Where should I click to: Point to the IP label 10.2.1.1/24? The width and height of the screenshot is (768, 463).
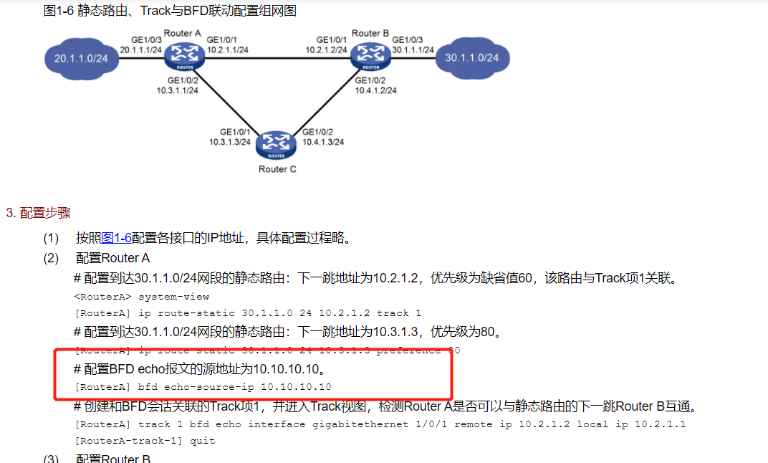(227, 50)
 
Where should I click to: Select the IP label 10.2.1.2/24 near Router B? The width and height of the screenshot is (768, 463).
(326, 50)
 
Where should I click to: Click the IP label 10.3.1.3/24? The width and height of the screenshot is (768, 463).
(230, 142)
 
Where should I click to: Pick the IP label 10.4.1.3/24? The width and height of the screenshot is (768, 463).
(323, 142)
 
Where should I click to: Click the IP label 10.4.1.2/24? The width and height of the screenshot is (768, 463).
(375, 90)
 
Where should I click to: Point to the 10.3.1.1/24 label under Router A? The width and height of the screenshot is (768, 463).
(178, 90)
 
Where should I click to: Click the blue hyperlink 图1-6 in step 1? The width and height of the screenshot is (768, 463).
(117, 238)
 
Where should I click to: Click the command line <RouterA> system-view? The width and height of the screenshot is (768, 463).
(142, 296)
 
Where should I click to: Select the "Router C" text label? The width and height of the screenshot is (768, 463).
(277, 169)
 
